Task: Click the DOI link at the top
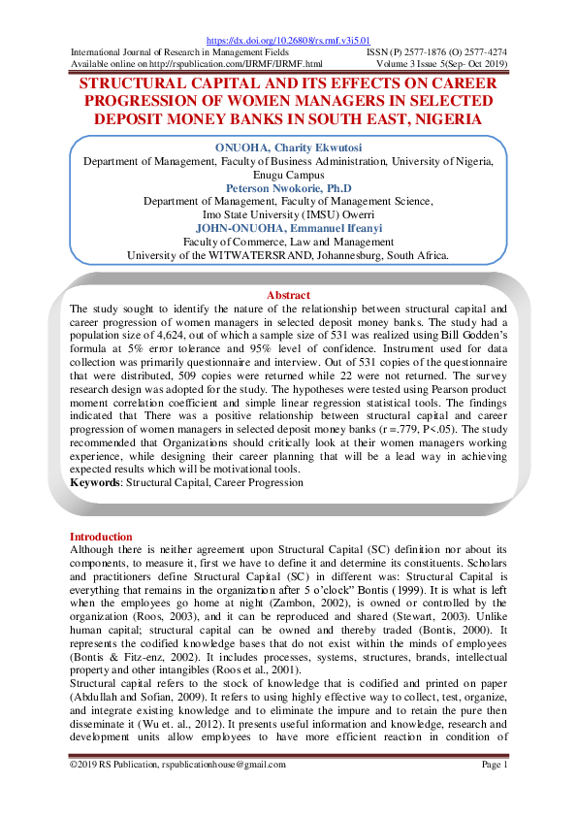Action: click(x=288, y=41)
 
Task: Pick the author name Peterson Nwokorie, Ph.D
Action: click(x=288, y=188)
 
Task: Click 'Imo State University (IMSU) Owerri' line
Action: click(x=288, y=214)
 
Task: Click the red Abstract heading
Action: click(x=288, y=295)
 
